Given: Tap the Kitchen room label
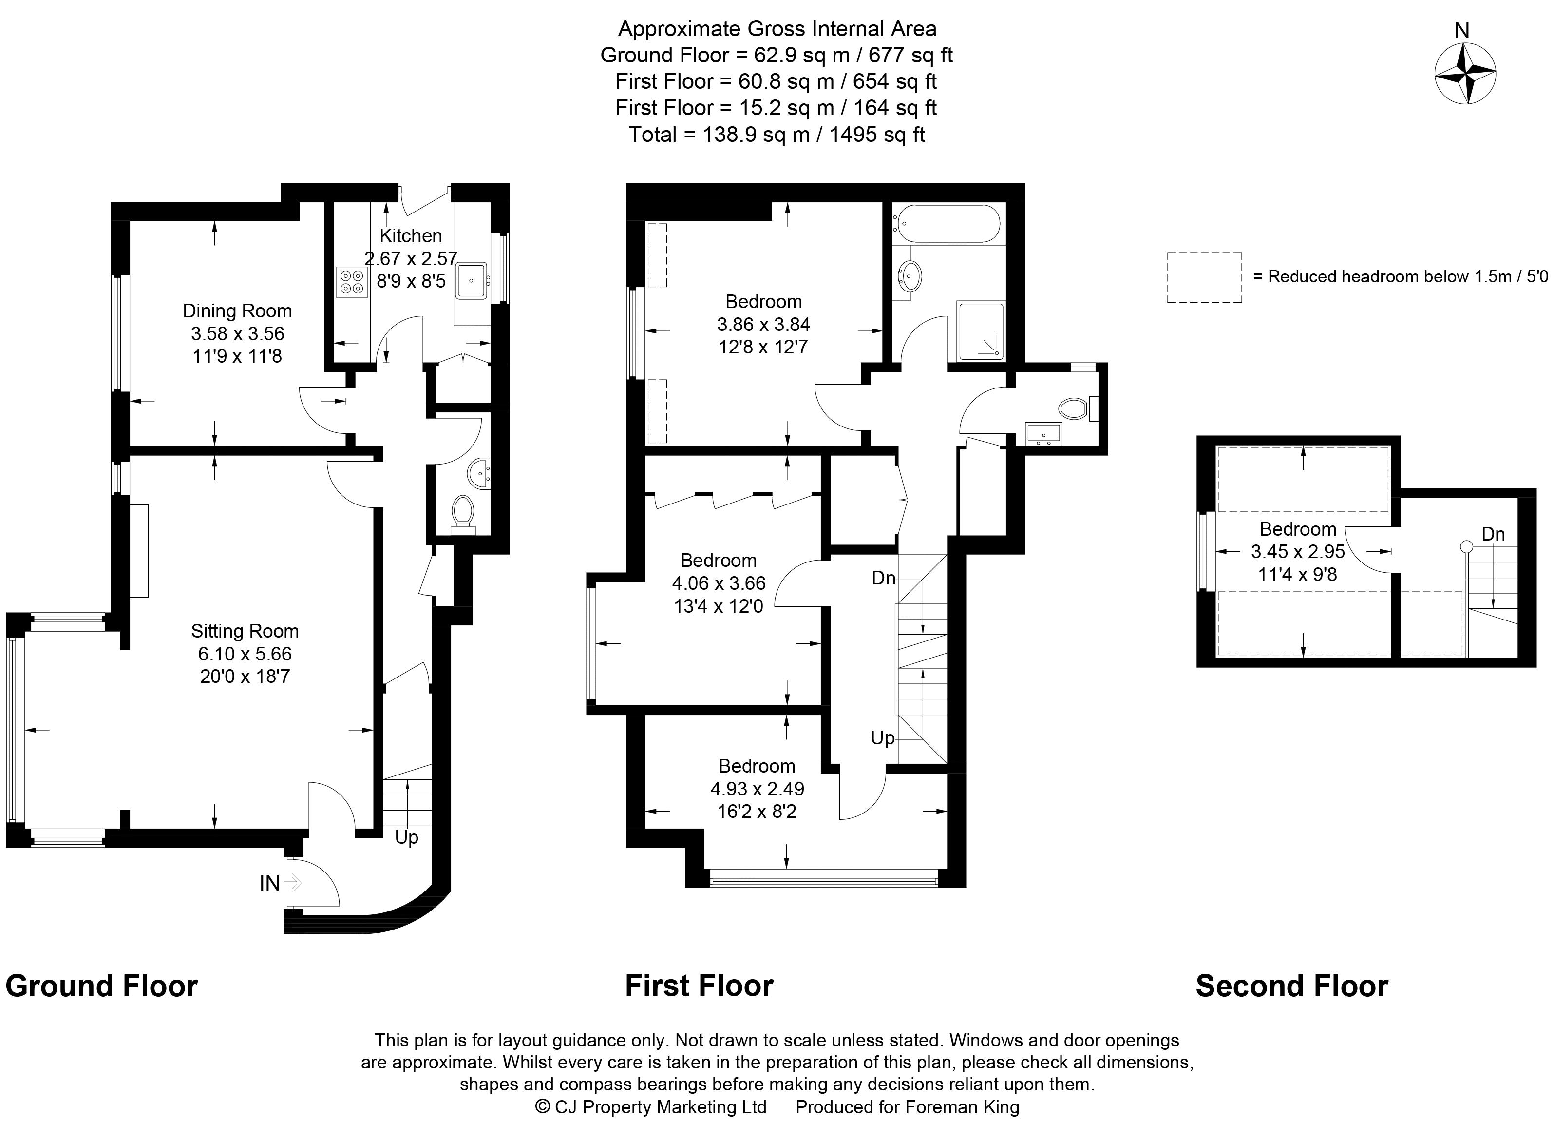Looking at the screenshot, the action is coord(411,236).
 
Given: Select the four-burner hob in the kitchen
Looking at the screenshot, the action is coord(352,282).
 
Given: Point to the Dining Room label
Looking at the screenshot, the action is coord(237,311).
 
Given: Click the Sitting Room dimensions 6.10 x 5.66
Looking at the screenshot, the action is coord(245,654).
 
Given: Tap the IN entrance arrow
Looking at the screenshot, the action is coord(292,883).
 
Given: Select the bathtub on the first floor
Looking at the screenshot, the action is coord(948,223).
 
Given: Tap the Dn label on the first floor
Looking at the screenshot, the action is coord(883,579).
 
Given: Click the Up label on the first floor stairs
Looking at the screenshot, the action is coord(883,738).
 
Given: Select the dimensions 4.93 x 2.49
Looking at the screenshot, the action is coord(757,789).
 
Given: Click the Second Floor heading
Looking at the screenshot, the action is coord(1291,986).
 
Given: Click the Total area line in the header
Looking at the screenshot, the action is coord(777,135).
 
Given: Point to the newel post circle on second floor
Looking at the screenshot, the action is coord(1466,546).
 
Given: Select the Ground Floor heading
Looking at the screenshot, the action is coord(101,986).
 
